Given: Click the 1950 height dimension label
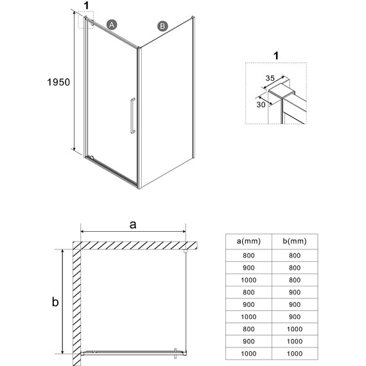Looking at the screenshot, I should click(57, 83).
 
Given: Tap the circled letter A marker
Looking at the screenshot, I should click(112, 24).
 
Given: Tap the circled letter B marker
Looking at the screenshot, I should click(162, 26).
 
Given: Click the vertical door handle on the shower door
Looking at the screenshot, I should click(132, 116).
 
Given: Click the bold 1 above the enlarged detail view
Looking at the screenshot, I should click(276, 56).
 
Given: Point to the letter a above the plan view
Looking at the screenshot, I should click(133, 224).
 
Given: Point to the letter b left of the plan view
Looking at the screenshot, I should click(56, 301).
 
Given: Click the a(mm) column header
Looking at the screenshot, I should click(248, 241).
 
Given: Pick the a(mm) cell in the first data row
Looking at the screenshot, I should click(248, 255).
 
